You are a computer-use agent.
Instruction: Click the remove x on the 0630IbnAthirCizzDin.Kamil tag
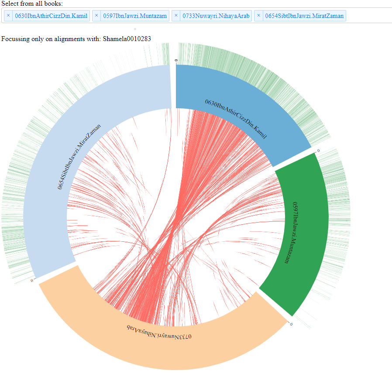pos(8,16)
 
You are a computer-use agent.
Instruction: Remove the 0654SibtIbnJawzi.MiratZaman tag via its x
pos(259,16)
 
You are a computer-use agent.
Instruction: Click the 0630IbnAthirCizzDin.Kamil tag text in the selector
pos(51,16)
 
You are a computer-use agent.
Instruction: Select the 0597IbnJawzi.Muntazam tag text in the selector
pos(135,16)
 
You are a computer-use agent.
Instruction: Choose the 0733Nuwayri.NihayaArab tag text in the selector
pos(216,16)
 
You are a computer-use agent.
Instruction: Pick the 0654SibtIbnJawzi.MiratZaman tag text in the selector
pos(304,16)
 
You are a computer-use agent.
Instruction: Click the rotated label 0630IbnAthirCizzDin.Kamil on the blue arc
pos(236,119)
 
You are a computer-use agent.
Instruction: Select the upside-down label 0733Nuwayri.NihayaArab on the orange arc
pos(159,332)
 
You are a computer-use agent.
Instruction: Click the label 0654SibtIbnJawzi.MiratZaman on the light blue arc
pos(79,156)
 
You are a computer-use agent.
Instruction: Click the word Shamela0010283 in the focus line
pos(127,39)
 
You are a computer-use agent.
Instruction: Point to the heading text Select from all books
pos(32,4)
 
